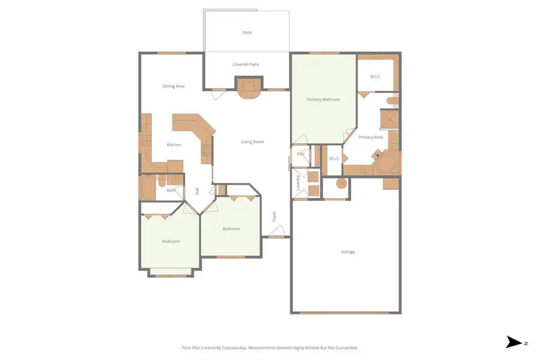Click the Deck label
247,32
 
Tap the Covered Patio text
246,64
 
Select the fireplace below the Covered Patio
248,88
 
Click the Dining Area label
173,86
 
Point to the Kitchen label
174,145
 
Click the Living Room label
253,142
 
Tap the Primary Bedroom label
323,100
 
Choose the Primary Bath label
371,137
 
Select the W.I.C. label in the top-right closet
376,76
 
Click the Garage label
348,252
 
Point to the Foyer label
275,217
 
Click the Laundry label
298,182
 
